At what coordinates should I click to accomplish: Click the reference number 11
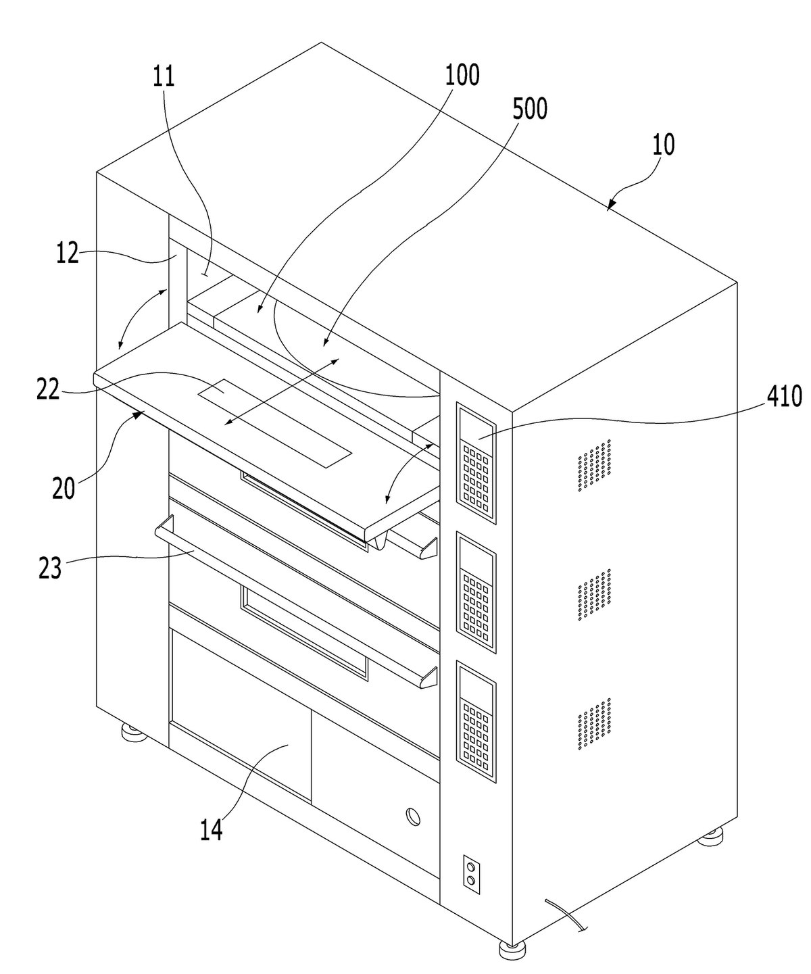click(164, 77)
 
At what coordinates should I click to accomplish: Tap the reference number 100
click(462, 75)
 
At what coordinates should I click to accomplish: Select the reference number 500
click(529, 109)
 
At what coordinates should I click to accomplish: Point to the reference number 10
click(663, 145)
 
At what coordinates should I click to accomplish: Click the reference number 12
click(68, 253)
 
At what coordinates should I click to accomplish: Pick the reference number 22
click(48, 389)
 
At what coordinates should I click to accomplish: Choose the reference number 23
click(50, 568)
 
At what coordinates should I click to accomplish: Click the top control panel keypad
click(476, 475)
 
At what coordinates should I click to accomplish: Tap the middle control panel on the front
click(476, 592)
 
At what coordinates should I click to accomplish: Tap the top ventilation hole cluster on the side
click(594, 465)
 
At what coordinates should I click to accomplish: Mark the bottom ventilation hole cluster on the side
click(594, 723)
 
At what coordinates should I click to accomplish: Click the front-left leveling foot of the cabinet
click(134, 731)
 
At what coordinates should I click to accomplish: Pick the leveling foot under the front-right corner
click(512, 948)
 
